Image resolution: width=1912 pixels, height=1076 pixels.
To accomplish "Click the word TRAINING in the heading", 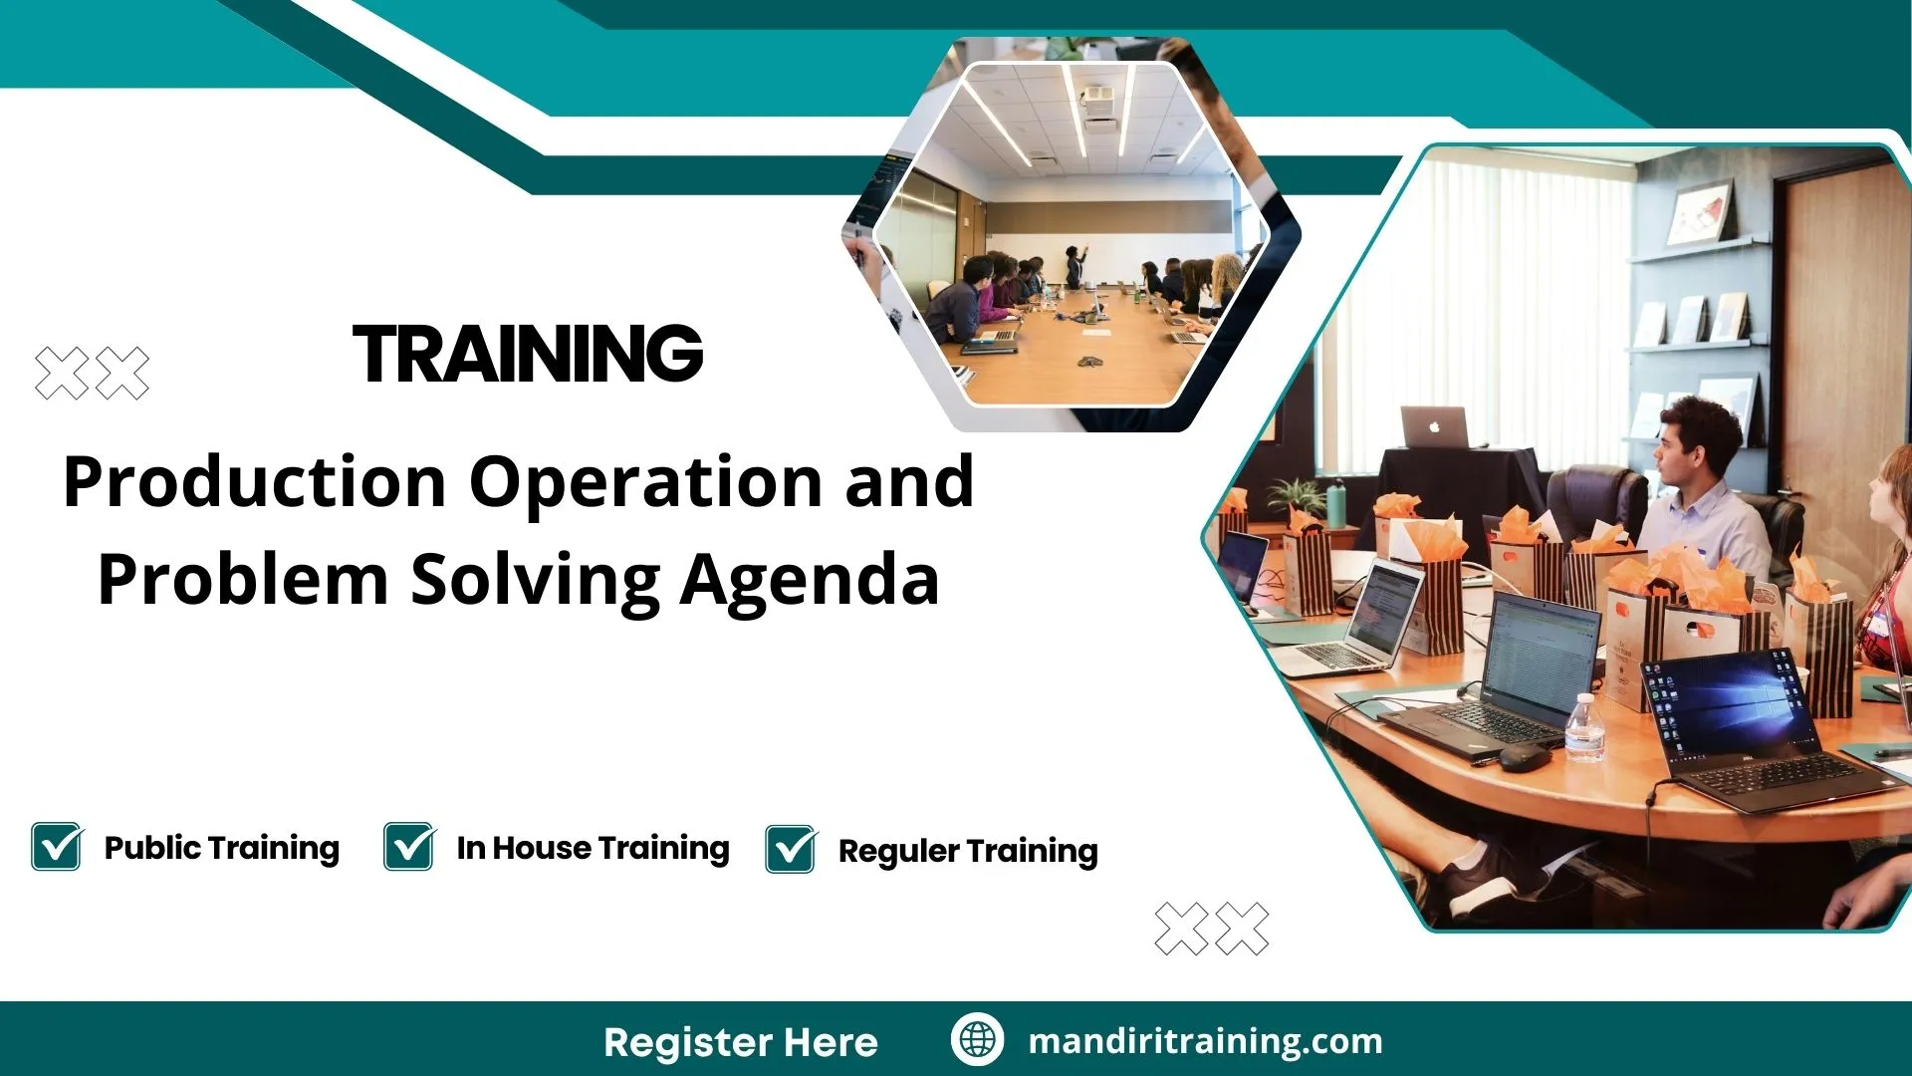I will [528, 354].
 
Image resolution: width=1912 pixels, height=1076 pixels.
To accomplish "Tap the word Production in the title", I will [254, 482].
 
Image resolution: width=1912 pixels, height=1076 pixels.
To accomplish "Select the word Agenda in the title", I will [810, 580].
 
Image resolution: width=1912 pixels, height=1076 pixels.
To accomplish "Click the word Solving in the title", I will [536, 580].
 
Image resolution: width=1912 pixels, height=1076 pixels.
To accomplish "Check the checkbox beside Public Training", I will [57, 847].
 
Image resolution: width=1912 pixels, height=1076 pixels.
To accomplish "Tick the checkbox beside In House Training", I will [409, 847].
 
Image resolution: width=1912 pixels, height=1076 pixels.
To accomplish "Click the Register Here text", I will [741, 1042].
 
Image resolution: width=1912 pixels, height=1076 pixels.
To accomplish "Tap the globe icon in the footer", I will [977, 1040].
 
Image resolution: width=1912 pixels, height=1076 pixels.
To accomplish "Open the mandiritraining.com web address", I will [1205, 1041].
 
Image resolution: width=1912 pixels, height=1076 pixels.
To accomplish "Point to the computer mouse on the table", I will [1524, 757].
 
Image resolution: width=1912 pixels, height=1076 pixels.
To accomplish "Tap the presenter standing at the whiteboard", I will [1075, 265].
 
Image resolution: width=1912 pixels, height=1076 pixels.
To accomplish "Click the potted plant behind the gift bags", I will [1297, 495].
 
